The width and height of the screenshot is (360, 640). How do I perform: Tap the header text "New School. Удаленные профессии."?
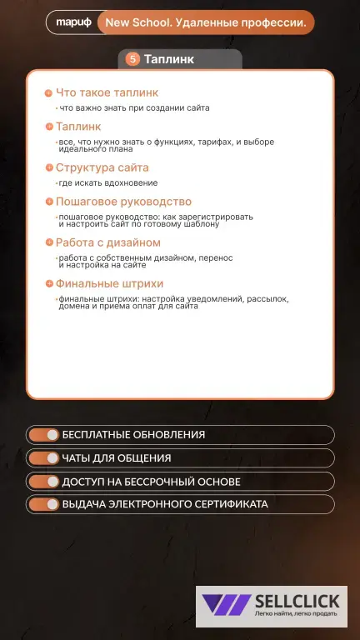point(205,23)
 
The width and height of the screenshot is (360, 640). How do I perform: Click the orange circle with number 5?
point(132,59)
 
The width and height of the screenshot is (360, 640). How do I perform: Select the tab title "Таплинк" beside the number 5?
point(169,59)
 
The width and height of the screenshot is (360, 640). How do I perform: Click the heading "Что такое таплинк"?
point(107,92)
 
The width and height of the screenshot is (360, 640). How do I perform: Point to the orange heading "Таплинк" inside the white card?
point(78,127)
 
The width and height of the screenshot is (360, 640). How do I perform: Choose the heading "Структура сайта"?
point(102,167)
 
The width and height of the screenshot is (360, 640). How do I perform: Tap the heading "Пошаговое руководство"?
point(123,202)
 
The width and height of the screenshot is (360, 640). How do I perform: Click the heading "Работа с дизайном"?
point(107,242)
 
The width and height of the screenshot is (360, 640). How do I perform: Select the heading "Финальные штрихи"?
point(109,284)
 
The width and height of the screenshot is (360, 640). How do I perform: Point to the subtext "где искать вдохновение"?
point(107,182)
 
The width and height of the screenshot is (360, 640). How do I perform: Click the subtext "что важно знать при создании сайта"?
point(133,107)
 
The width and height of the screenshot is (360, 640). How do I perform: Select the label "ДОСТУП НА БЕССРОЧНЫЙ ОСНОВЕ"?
point(151,482)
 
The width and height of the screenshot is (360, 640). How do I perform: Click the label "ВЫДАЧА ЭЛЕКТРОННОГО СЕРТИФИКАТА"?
point(165,504)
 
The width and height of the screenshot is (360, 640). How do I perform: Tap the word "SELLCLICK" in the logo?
point(297,601)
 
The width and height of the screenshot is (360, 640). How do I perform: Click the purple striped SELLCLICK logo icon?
point(227,606)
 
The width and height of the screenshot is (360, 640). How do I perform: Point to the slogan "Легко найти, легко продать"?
point(296,614)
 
